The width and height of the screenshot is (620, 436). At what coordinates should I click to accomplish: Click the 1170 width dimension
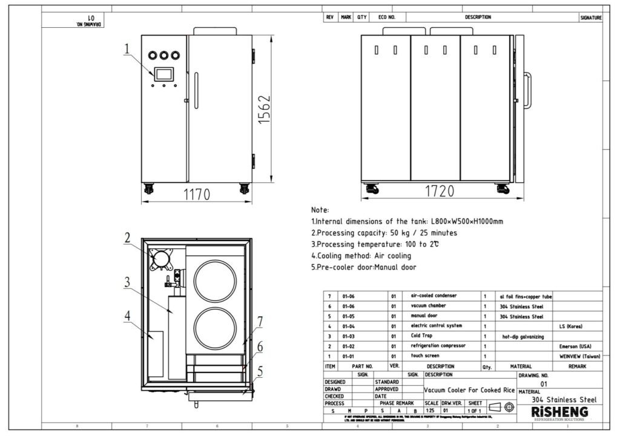(196, 194)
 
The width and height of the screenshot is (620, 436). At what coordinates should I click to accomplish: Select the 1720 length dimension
(439, 192)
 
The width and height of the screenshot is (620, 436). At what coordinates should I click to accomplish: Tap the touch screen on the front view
(164, 74)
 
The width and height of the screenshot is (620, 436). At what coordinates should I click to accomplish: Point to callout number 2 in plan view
(128, 238)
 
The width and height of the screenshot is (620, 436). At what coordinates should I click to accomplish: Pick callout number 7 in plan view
(259, 322)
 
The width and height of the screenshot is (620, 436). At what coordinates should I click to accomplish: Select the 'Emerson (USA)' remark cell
(578, 346)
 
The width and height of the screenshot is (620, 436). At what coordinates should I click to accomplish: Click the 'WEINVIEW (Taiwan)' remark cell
(578, 355)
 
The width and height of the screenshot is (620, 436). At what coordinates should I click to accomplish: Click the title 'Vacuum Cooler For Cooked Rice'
(469, 391)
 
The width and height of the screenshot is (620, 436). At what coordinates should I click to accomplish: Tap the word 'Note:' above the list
(320, 210)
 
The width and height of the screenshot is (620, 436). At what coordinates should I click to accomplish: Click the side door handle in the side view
(528, 92)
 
